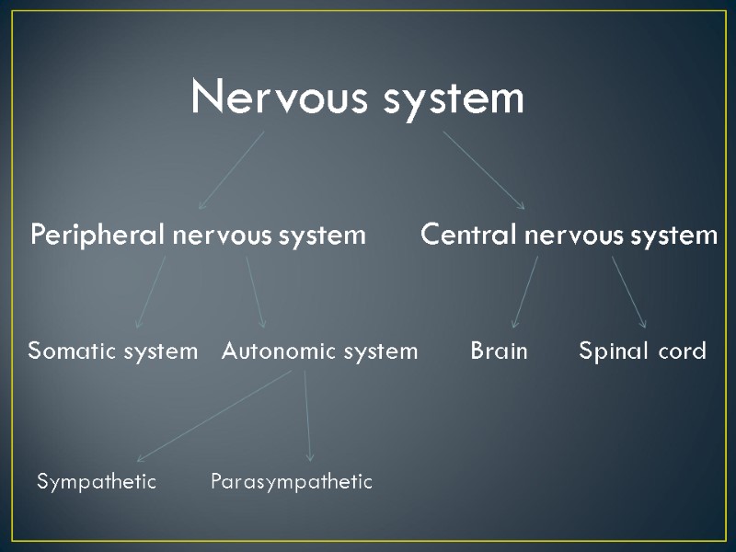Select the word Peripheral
point(98,236)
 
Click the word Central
point(468,236)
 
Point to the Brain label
point(499,351)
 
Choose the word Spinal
point(608,351)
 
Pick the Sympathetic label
point(97,481)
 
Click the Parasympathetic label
point(292,481)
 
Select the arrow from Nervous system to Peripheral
point(231,170)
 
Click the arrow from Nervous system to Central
point(484,170)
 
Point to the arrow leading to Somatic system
point(151,292)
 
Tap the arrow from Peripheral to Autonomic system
point(255,292)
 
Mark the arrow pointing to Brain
point(525,292)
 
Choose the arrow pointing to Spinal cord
point(629,292)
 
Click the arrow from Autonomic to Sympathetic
point(213,416)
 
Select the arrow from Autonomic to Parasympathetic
point(307,416)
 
